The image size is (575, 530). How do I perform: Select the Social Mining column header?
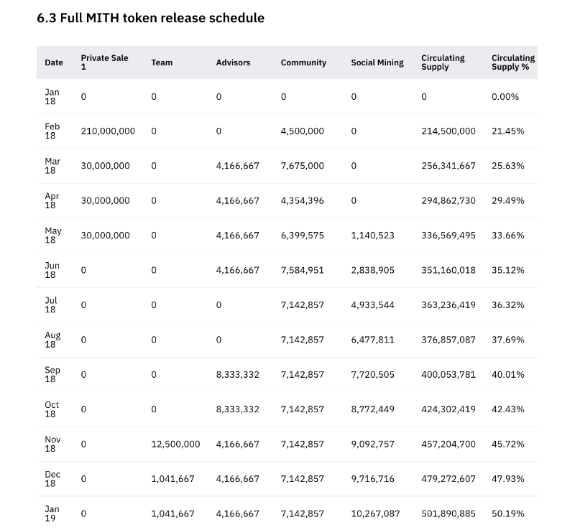tap(377, 62)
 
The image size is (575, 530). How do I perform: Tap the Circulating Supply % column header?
tap(512, 62)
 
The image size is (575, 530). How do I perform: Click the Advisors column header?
tap(233, 62)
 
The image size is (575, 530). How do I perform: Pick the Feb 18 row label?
tap(52, 131)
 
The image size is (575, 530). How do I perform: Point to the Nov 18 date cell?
tap(52, 444)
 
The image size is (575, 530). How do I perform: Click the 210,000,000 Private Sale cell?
tap(108, 131)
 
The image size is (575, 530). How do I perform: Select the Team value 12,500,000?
tap(175, 444)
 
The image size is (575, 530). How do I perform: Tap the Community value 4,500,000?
tap(302, 131)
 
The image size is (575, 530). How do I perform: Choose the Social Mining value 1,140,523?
tap(372, 235)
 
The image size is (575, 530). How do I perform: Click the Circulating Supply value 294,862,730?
tap(448, 200)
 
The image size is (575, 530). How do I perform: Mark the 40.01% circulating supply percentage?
tap(507, 374)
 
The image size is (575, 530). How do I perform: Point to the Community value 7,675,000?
tap(302, 165)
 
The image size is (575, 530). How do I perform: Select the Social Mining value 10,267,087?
tap(375, 513)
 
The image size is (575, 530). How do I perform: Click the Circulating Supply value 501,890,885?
tap(448, 513)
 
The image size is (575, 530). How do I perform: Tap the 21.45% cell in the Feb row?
tap(507, 131)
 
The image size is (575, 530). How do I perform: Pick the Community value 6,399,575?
tap(302, 235)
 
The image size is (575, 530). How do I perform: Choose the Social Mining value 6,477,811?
tap(372, 340)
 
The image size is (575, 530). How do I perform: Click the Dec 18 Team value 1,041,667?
tap(172, 478)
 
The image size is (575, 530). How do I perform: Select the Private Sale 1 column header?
tap(104, 62)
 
